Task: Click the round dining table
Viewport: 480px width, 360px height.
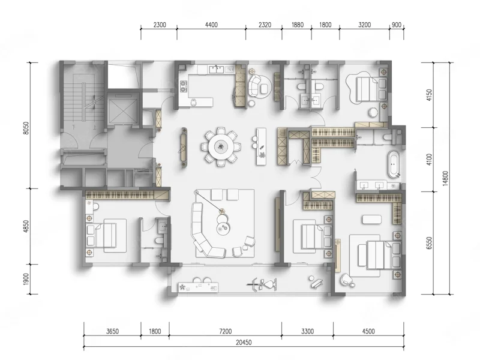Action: (221, 147)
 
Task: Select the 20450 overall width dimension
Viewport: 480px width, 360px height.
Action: (244, 342)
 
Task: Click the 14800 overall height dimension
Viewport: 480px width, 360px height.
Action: (445, 178)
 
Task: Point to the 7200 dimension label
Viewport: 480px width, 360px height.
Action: (226, 331)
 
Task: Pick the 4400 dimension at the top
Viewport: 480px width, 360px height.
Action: (211, 25)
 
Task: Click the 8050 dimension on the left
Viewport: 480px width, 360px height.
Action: (26, 128)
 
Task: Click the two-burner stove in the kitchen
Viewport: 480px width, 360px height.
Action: (184, 86)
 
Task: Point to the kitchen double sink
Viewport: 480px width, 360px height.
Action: (217, 70)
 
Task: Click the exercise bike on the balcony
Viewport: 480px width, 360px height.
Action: (262, 284)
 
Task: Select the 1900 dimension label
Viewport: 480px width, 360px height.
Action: (26, 279)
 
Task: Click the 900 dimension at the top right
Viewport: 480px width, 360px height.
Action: (397, 25)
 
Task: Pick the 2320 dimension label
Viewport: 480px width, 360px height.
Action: (265, 25)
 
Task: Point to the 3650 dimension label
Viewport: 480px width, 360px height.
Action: (112, 331)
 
